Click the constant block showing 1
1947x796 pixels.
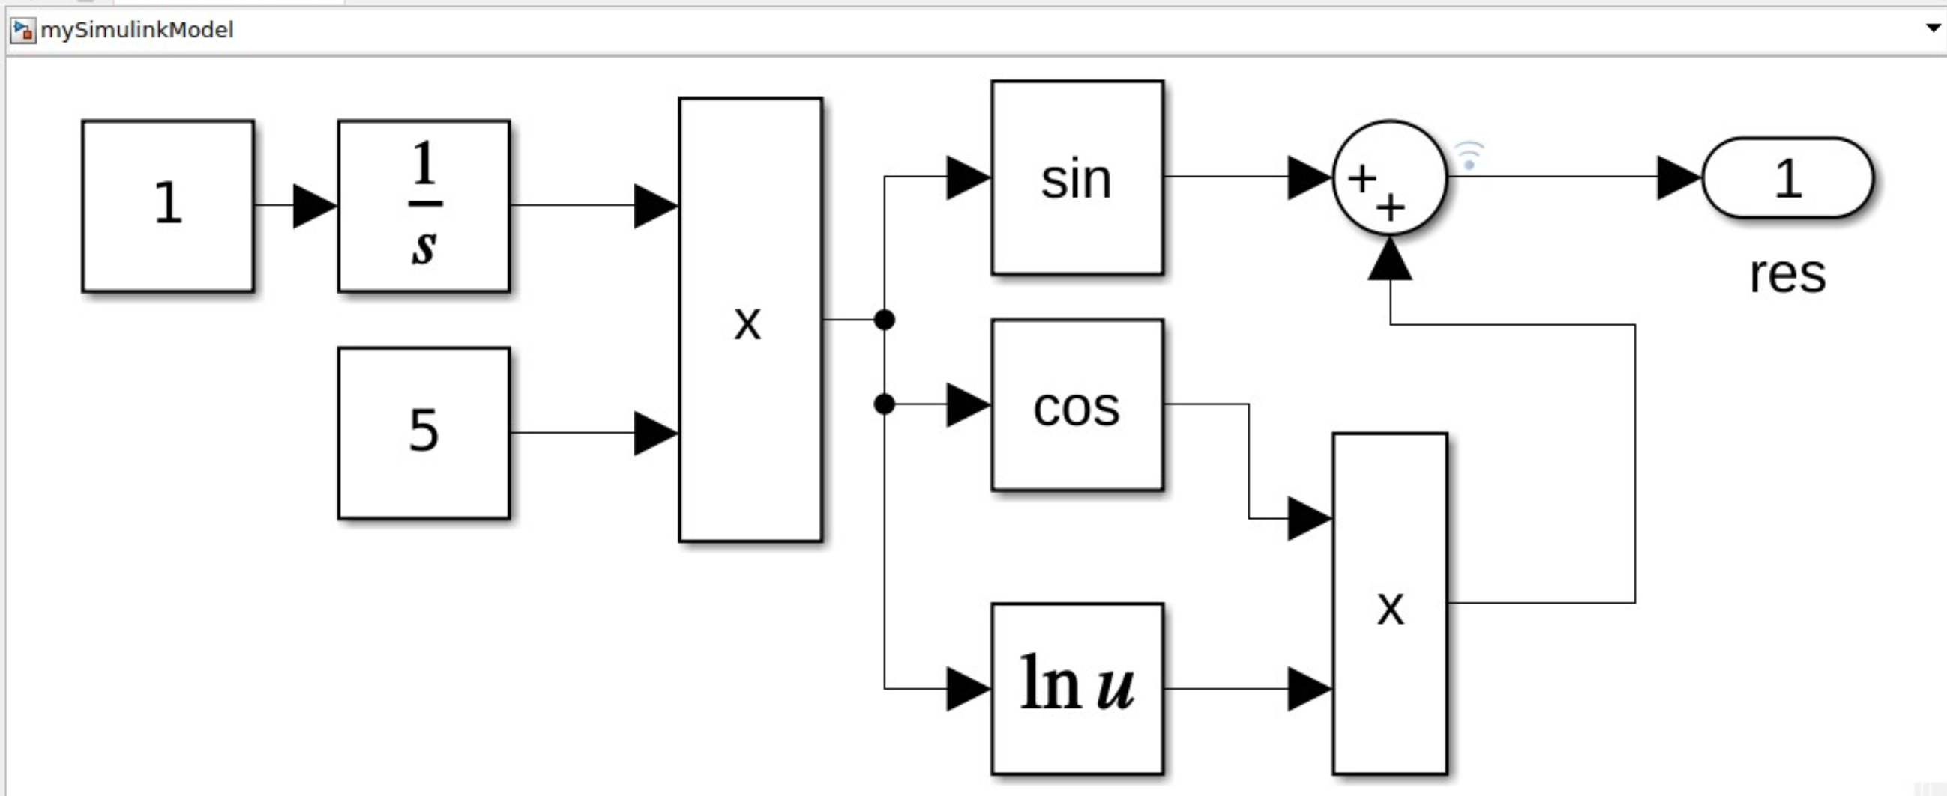(x=168, y=205)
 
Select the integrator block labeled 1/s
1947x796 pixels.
(x=424, y=205)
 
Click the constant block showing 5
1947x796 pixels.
(x=424, y=433)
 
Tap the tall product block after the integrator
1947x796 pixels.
(x=750, y=320)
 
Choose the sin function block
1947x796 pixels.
(x=1077, y=177)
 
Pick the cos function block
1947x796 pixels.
(x=1077, y=405)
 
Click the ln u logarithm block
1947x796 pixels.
(x=1077, y=688)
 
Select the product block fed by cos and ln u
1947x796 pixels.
(x=1389, y=604)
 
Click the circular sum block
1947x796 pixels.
(x=1389, y=177)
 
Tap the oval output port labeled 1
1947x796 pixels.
(x=1787, y=177)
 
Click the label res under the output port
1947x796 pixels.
(x=1787, y=274)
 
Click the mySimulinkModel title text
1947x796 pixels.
(x=136, y=30)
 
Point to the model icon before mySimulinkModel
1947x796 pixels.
(x=22, y=30)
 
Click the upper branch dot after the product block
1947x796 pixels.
(x=885, y=320)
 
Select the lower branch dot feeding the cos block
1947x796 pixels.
(x=885, y=405)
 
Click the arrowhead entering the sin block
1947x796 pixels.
(x=966, y=177)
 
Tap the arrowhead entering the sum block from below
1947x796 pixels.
(x=1389, y=259)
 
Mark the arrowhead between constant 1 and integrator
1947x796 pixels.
(x=313, y=205)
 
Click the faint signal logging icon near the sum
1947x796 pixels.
(x=1469, y=155)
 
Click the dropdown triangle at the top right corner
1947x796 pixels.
(x=1933, y=28)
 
